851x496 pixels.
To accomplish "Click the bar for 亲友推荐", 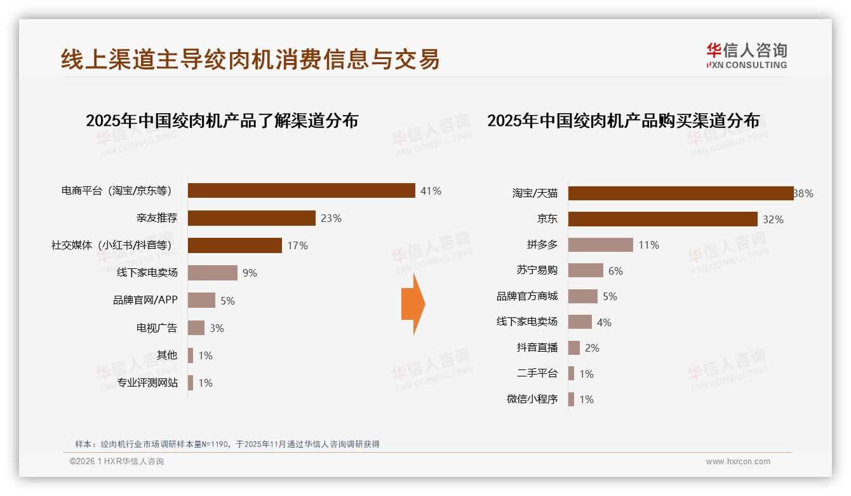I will pyautogui.click(x=251, y=218).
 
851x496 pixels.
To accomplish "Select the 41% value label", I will pyautogui.click(x=431, y=191).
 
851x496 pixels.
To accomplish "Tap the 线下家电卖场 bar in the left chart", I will pyautogui.click(x=212, y=273).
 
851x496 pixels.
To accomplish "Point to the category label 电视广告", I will pyautogui.click(x=157, y=328).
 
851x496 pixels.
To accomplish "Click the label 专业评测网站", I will pyautogui.click(x=147, y=383).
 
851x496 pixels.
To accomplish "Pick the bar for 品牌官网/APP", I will pyautogui.click(x=201, y=300).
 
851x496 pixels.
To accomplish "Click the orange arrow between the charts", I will pyautogui.click(x=413, y=304).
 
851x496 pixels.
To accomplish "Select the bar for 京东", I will pyautogui.click(x=662, y=219).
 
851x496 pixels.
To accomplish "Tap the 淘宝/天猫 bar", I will pyautogui.click(x=680, y=193).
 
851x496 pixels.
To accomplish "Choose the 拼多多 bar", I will pyautogui.click(x=600, y=245).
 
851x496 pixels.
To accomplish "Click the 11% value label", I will pyautogui.click(x=648, y=245).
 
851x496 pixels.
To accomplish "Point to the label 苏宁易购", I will pyautogui.click(x=537, y=270).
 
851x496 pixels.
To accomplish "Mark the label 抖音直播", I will pyautogui.click(x=537, y=348).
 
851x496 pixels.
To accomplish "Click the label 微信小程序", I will pyautogui.click(x=532, y=399).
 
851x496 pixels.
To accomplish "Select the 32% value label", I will pyautogui.click(x=773, y=219).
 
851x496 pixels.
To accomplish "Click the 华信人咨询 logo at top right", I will pyautogui.click(x=746, y=55).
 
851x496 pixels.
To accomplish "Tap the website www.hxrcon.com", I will pyautogui.click(x=738, y=462).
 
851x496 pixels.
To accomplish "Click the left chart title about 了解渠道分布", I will pyautogui.click(x=222, y=121).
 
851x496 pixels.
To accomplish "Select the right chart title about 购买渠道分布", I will pyautogui.click(x=623, y=121).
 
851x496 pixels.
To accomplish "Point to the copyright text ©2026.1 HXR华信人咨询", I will pyautogui.click(x=117, y=462).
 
